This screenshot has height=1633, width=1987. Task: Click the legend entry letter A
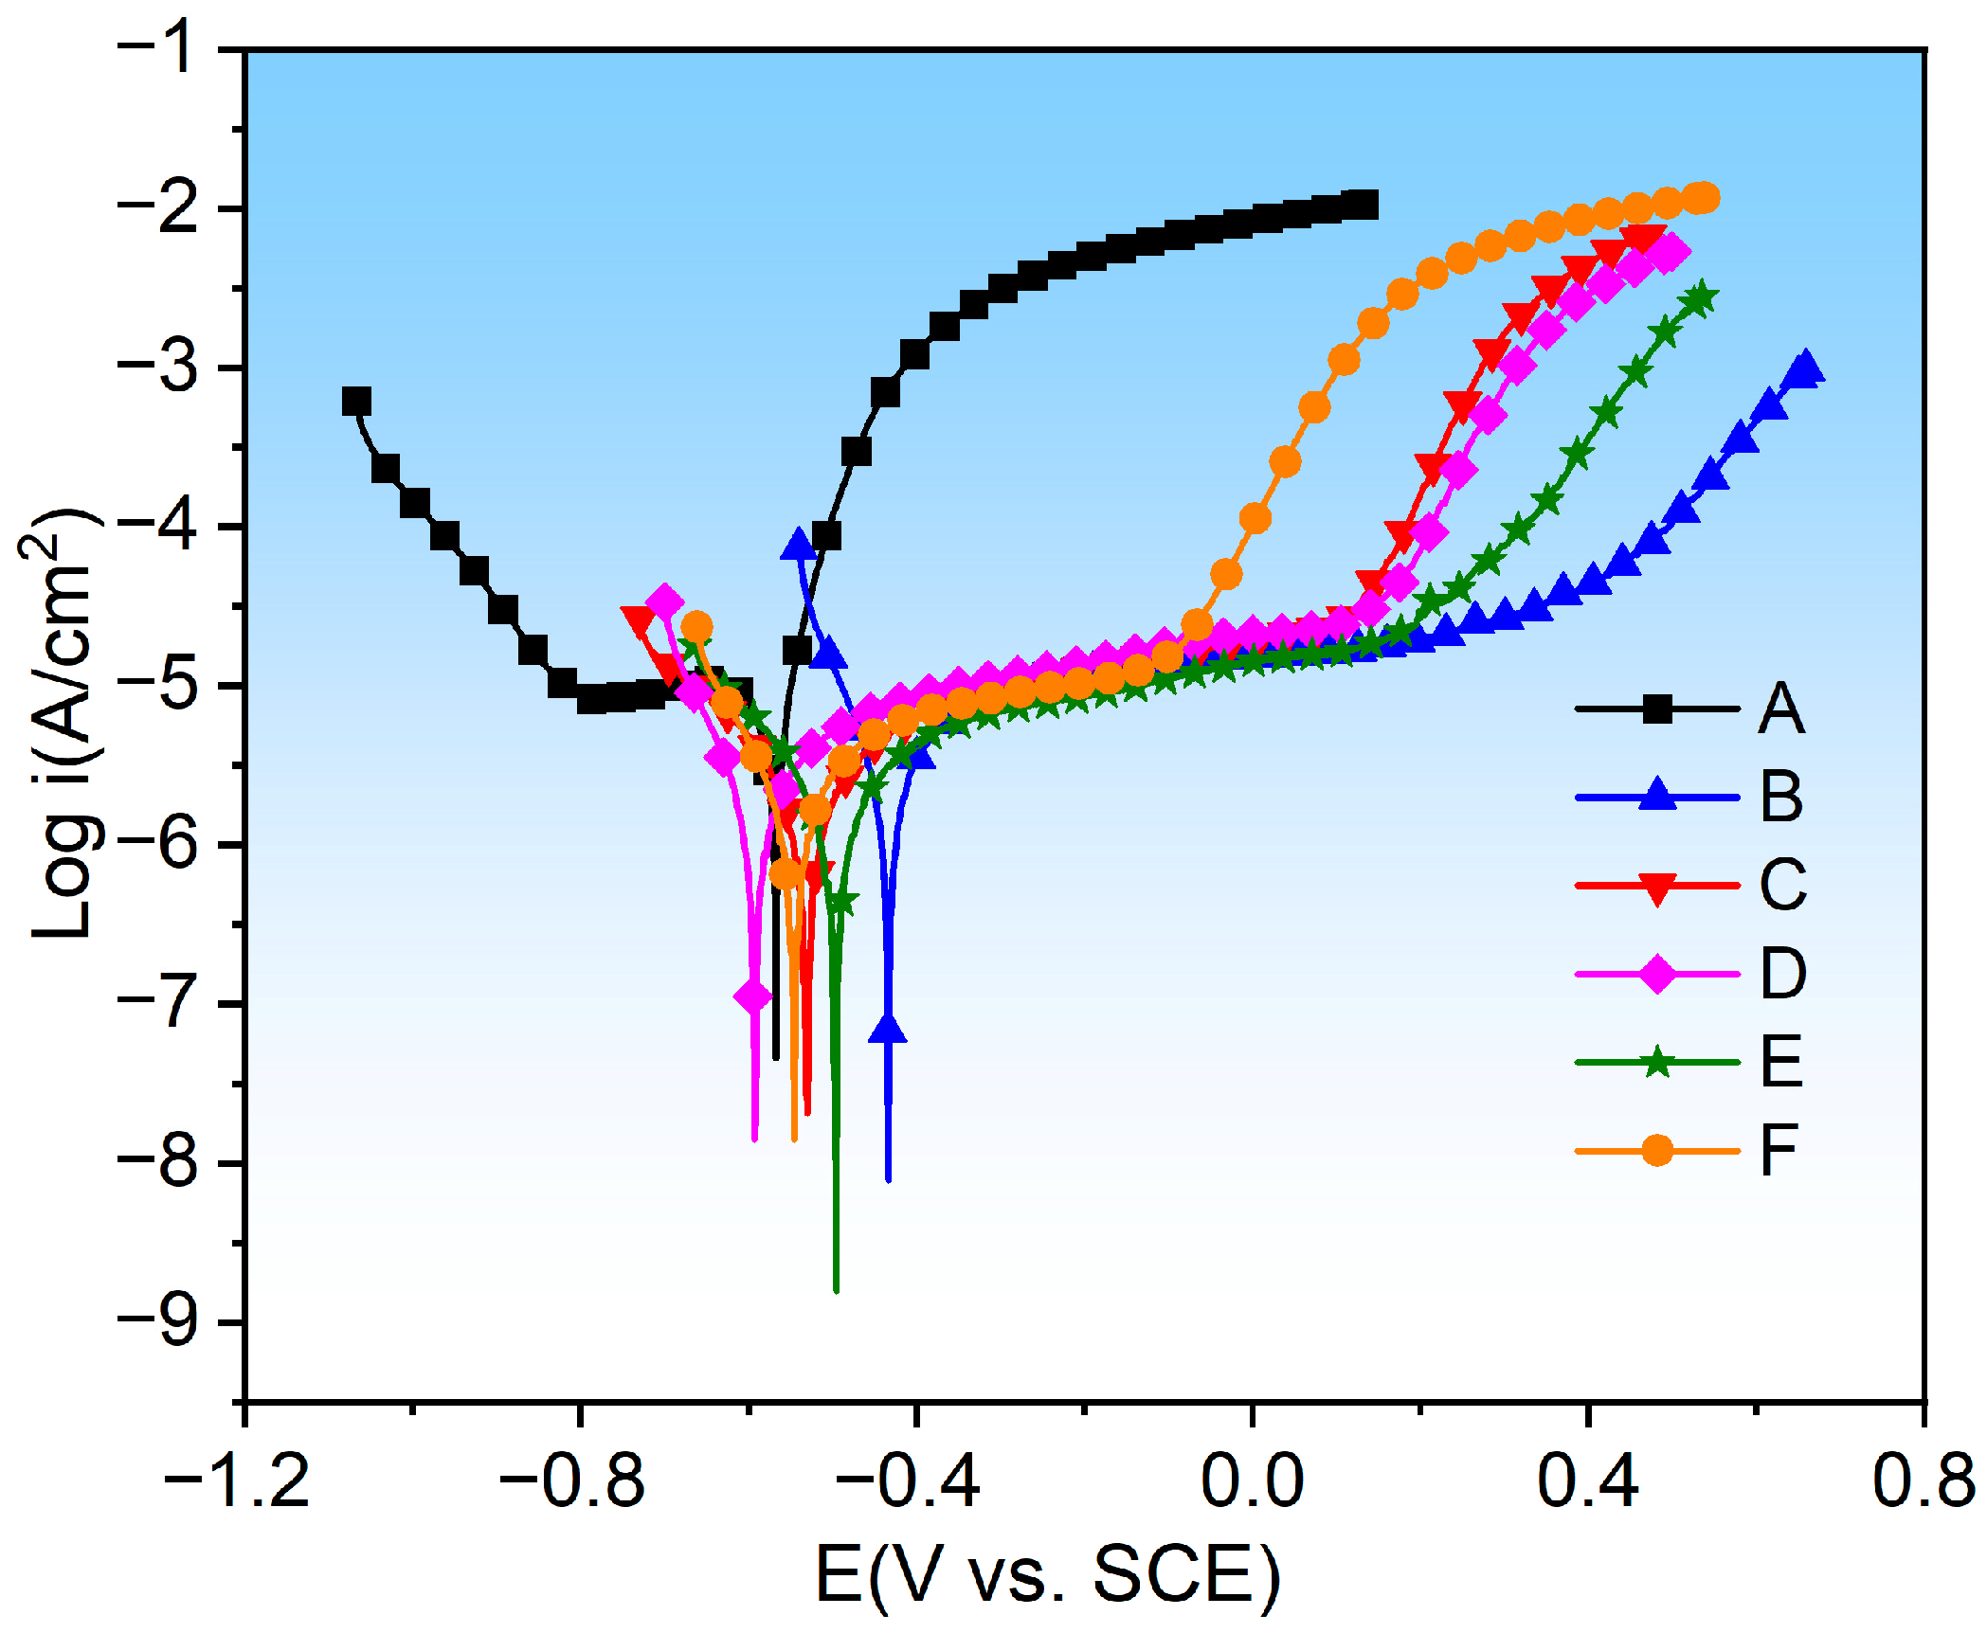(1780, 709)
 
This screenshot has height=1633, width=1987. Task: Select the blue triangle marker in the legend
(1656, 795)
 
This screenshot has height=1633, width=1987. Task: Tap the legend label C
(1782, 886)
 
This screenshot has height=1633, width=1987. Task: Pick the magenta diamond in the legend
(1656, 974)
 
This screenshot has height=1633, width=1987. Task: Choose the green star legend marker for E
(1656, 1062)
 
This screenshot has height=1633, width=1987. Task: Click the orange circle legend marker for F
(1656, 1150)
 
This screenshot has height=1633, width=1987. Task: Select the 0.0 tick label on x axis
(1252, 1480)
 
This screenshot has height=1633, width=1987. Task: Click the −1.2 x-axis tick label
(237, 1480)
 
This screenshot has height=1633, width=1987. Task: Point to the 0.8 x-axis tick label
(1924, 1480)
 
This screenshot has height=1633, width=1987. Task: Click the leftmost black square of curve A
(356, 402)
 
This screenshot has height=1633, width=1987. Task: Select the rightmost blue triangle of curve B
(1804, 368)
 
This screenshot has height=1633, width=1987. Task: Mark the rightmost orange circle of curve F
(1704, 198)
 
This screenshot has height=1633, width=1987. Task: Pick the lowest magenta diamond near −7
(753, 996)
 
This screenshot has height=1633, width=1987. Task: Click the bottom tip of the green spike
(836, 1289)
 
